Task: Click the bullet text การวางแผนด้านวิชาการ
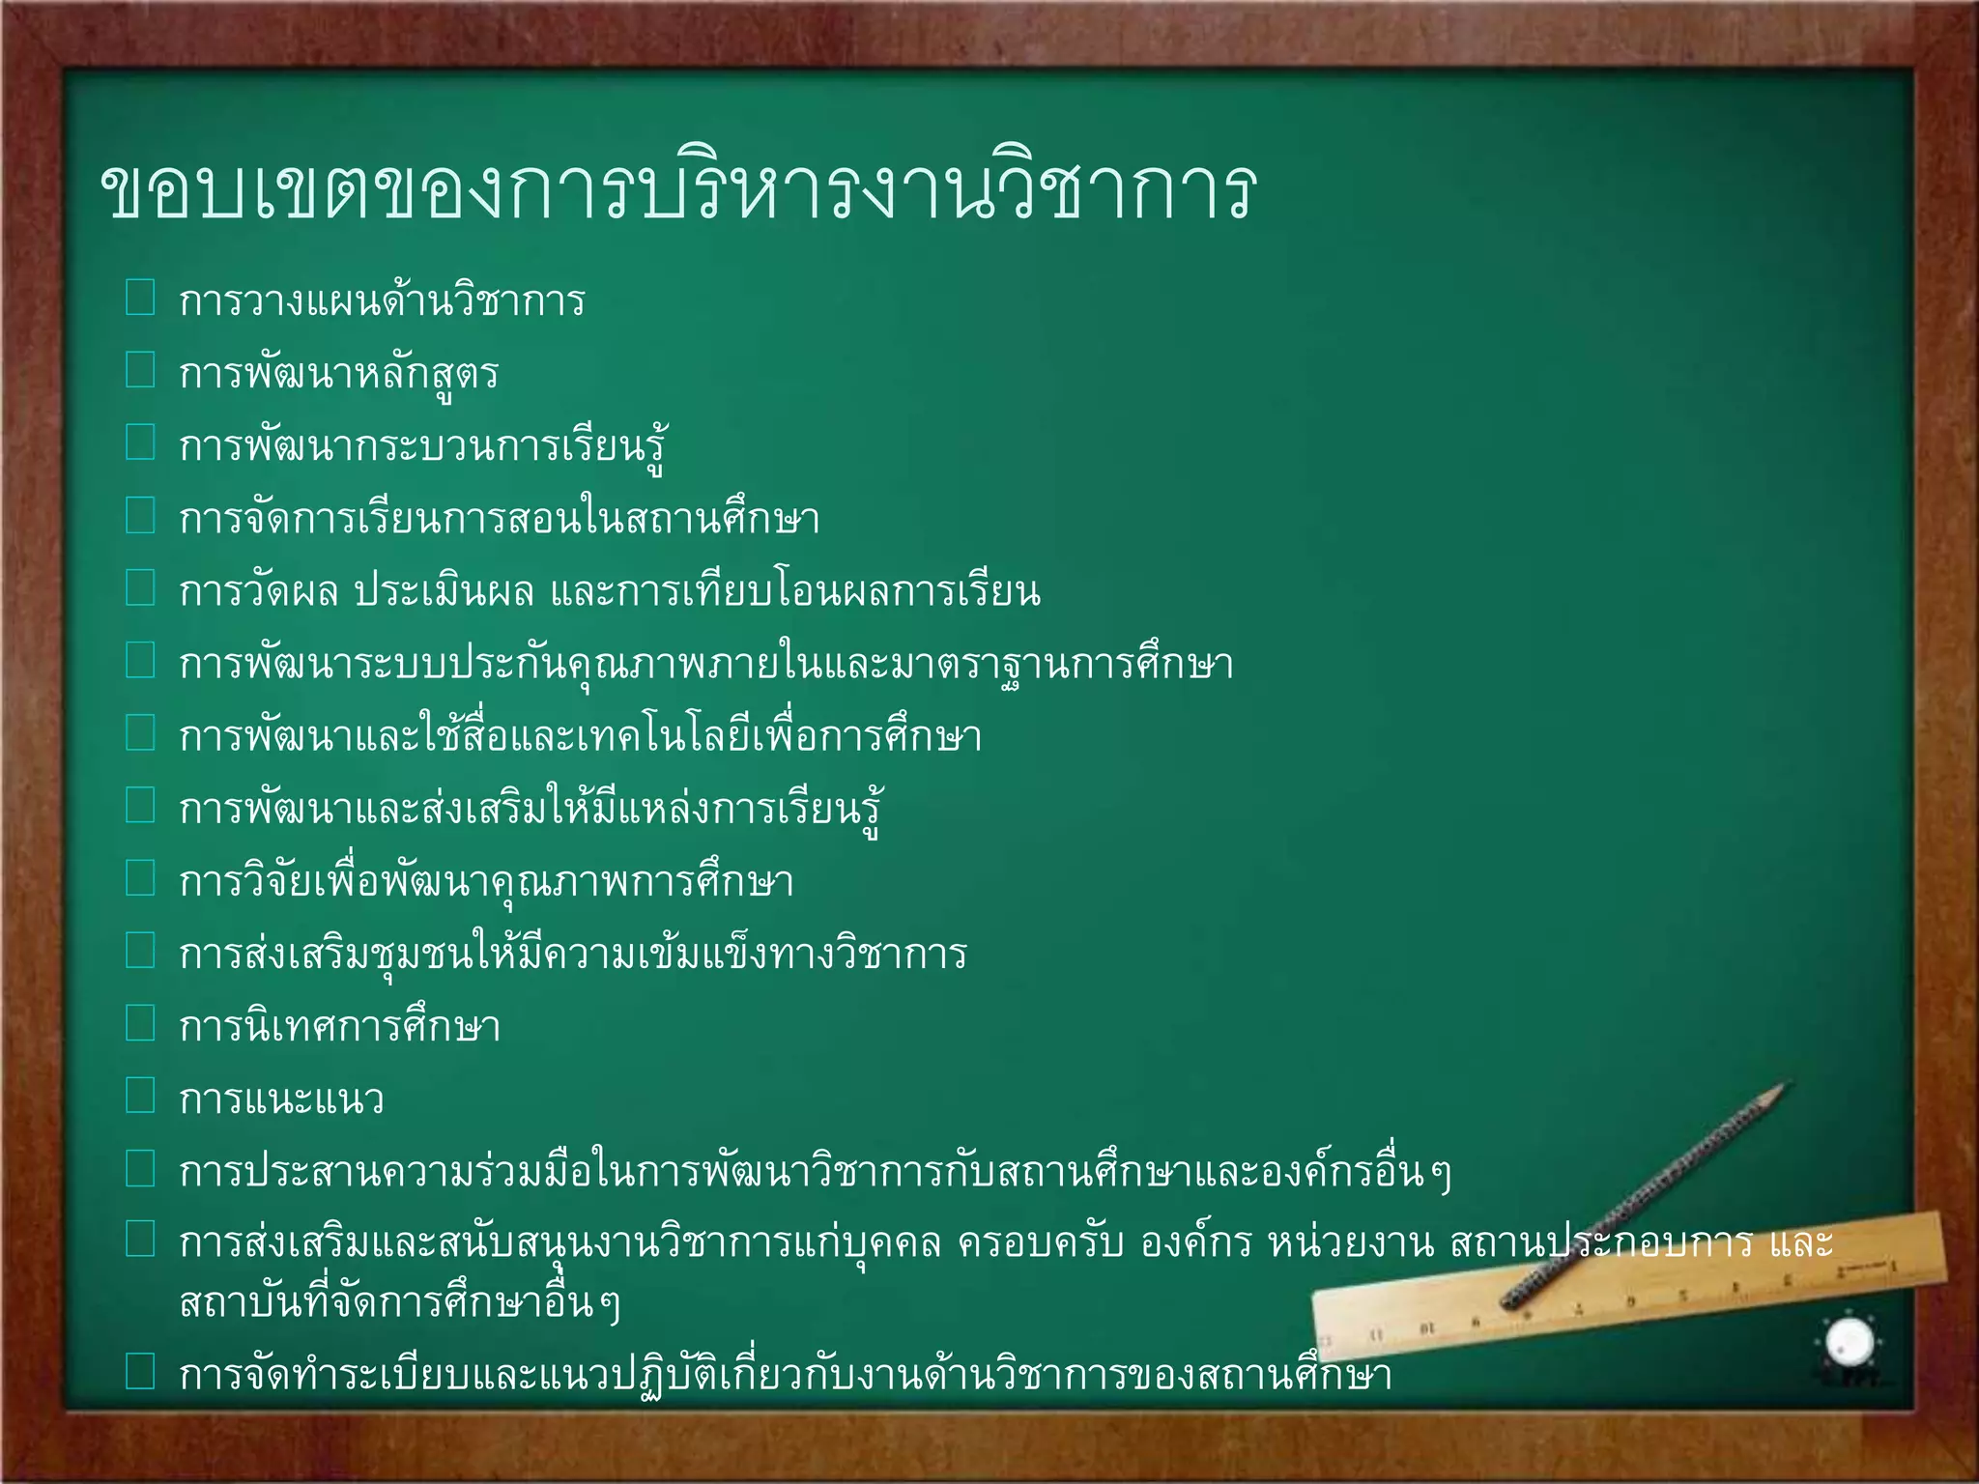382,301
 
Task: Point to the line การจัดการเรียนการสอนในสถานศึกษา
499,519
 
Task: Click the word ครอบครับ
1040,1243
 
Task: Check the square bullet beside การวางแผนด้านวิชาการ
140,298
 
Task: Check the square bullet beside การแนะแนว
140,1096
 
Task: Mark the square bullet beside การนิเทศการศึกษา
140,1023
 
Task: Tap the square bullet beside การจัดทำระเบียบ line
140,1371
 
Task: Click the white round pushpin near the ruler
1850,1342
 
